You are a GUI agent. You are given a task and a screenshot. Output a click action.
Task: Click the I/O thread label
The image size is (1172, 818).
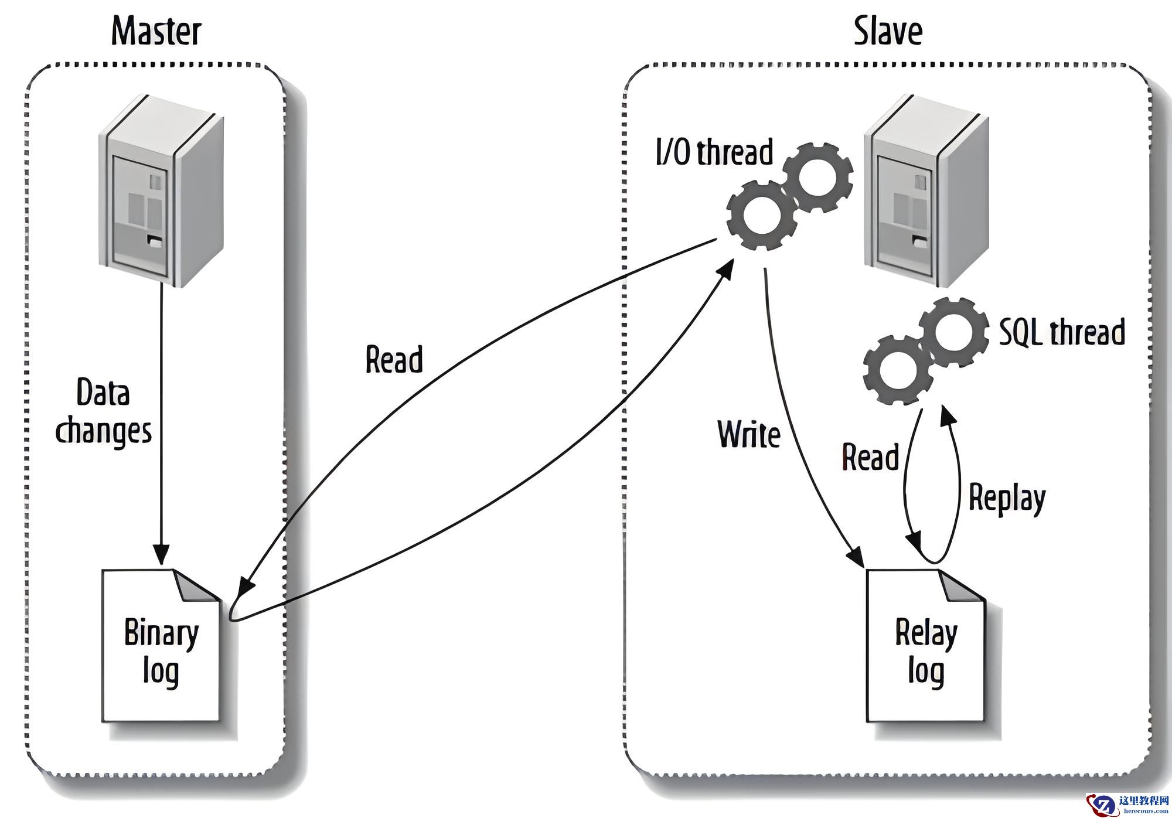click(714, 152)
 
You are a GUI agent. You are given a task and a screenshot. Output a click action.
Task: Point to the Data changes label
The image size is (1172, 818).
click(103, 412)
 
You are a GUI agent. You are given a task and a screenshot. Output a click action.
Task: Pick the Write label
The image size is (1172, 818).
click(749, 434)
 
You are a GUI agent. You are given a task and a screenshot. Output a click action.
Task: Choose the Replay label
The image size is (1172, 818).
click(1007, 499)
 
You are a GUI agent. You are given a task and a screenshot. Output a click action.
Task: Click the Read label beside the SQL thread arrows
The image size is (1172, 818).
click(870, 457)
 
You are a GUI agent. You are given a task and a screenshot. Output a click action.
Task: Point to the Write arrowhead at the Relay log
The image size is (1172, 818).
click(857, 557)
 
